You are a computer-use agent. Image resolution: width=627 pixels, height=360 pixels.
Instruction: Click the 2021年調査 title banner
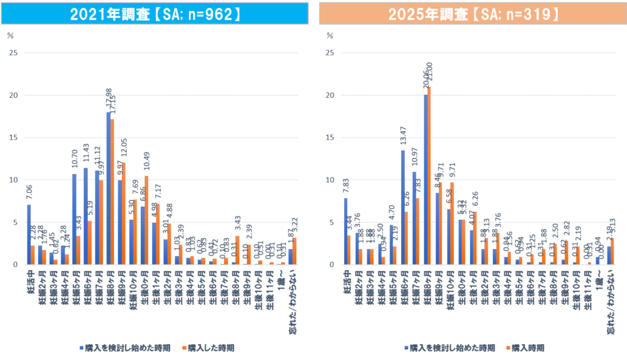(154, 13)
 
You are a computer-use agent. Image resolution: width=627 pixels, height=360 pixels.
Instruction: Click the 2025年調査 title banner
(473, 13)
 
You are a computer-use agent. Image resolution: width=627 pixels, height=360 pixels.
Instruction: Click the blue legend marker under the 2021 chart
(81, 348)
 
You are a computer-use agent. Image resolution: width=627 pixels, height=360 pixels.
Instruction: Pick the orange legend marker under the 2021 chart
(185, 348)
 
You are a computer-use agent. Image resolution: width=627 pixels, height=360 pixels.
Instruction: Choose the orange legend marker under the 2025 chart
(508, 348)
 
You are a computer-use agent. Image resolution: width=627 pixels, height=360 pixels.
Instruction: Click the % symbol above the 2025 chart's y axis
(330, 36)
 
